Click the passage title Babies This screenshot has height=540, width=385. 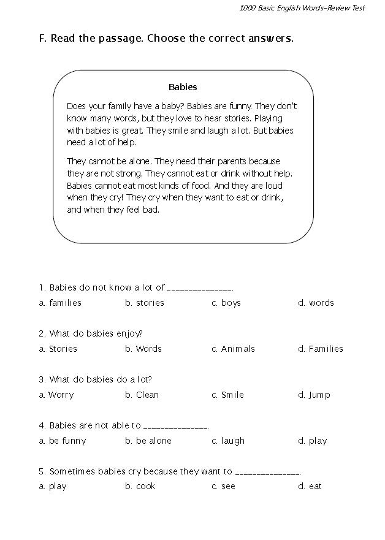(183, 87)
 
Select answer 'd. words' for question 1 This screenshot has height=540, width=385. (316, 303)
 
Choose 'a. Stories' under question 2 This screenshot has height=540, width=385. (58, 349)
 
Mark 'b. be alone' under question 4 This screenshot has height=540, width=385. (148, 441)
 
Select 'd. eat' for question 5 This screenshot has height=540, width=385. (310, 486)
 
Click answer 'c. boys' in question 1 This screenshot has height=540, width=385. (226, 303)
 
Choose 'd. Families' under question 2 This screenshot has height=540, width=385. (321, 349)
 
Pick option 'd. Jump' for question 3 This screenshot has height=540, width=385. (314, 395)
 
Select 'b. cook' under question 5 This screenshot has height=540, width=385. (140, 486)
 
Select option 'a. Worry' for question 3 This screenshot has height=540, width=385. (56, 395)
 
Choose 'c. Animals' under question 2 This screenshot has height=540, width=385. (233, 349)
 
